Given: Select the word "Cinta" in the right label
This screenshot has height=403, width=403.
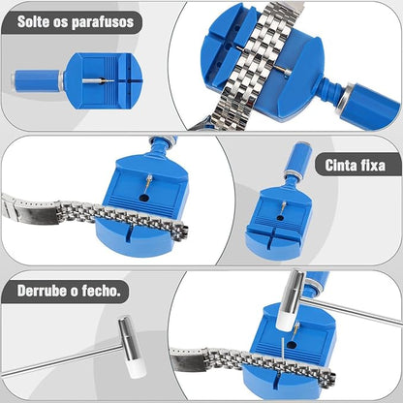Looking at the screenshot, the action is coord(339,165).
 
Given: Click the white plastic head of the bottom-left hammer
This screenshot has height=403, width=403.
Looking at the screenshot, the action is coord(137,369).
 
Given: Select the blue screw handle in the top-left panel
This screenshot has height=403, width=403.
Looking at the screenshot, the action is coord(38,80).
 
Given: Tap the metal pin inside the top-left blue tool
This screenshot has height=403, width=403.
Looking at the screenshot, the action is coord(98,81).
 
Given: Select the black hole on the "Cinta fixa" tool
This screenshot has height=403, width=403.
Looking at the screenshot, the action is coord(281,218).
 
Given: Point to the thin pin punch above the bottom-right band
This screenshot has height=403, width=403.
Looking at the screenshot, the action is coord(282,350).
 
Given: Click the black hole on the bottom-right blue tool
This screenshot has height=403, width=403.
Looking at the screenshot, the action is coord(292,346).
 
